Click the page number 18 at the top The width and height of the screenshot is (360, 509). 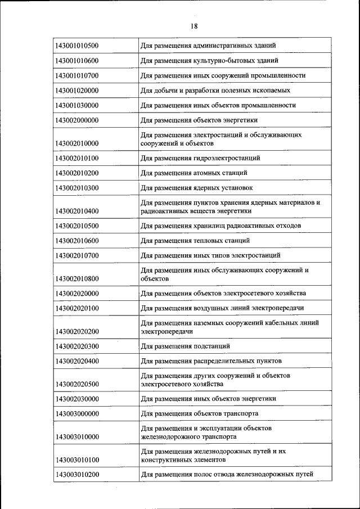click(194, 26)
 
